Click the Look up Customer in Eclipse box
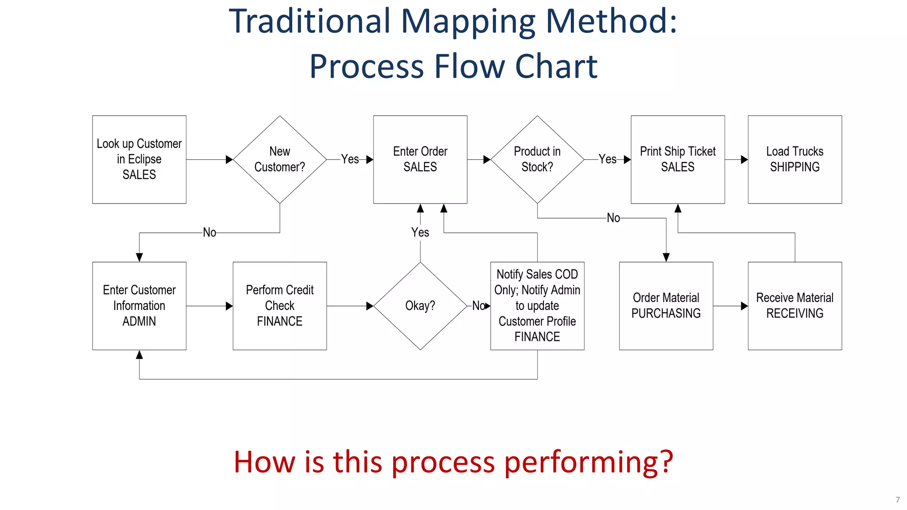(139, 159)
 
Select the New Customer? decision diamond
(279, 159)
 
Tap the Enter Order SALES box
(420, 159)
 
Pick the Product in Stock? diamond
(537, 159)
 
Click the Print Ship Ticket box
(678, 159)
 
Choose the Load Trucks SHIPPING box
(795, 159)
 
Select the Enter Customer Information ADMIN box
(139, 305)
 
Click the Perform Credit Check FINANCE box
(279, 305)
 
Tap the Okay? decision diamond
(420, 305)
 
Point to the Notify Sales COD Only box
(537, 305)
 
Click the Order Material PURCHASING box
(666, 305)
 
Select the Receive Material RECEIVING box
(795, 305)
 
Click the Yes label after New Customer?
(350, 159)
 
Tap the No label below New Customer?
(209, 232)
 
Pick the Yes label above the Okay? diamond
(420, 232)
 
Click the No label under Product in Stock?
(613, 218)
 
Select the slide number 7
(898, 500)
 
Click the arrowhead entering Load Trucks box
(744, 159)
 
